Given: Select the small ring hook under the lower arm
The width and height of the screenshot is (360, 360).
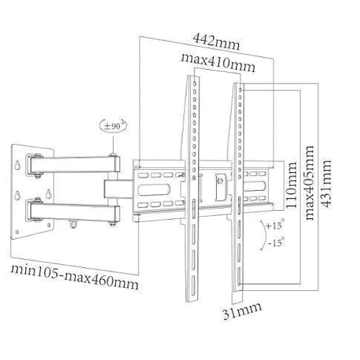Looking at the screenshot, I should click(74, 225).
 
